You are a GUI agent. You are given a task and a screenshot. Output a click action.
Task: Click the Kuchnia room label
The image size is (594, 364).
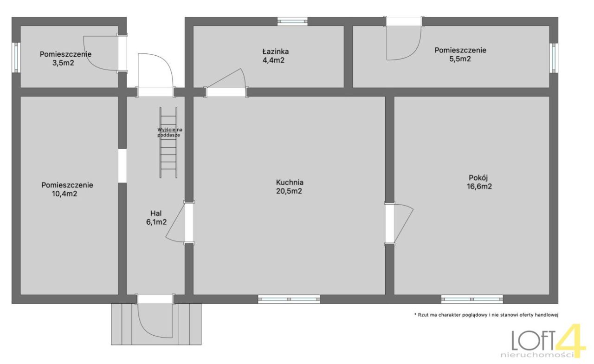(290, 182)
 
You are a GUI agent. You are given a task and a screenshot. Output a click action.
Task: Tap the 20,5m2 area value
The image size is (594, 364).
(289, 191)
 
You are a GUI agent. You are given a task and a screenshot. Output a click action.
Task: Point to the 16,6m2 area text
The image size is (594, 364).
(479, 187)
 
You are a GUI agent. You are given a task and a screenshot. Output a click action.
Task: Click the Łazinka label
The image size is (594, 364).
(276, 51)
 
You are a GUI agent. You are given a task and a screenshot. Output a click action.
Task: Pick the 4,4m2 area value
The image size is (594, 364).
(273, 60)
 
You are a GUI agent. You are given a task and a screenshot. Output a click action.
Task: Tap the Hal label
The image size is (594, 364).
(156, 213)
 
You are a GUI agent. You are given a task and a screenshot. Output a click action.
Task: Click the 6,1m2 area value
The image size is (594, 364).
(156, 222)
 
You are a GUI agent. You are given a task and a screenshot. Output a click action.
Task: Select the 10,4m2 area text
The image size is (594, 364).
(65, 194)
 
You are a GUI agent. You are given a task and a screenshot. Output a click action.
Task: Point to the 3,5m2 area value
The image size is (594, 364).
(63, 63)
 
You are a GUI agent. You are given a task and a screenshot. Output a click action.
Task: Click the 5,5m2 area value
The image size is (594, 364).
(460, 58)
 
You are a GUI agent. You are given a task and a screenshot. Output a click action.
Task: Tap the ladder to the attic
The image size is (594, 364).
(168, 143)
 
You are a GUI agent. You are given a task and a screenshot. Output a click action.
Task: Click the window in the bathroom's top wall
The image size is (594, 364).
(292, 21)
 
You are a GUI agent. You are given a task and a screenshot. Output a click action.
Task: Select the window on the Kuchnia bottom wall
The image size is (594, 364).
(289, 299)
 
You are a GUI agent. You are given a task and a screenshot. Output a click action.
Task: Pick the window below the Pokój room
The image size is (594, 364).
(472, 299)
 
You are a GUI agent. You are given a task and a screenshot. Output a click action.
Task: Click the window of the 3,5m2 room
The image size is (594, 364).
(16, 58)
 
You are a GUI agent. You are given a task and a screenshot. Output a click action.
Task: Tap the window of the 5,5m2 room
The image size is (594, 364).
(554, 58)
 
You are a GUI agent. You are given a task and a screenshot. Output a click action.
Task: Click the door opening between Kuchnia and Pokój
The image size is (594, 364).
(389, 223)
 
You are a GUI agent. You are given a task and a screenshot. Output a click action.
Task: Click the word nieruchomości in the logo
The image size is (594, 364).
(537, 355)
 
